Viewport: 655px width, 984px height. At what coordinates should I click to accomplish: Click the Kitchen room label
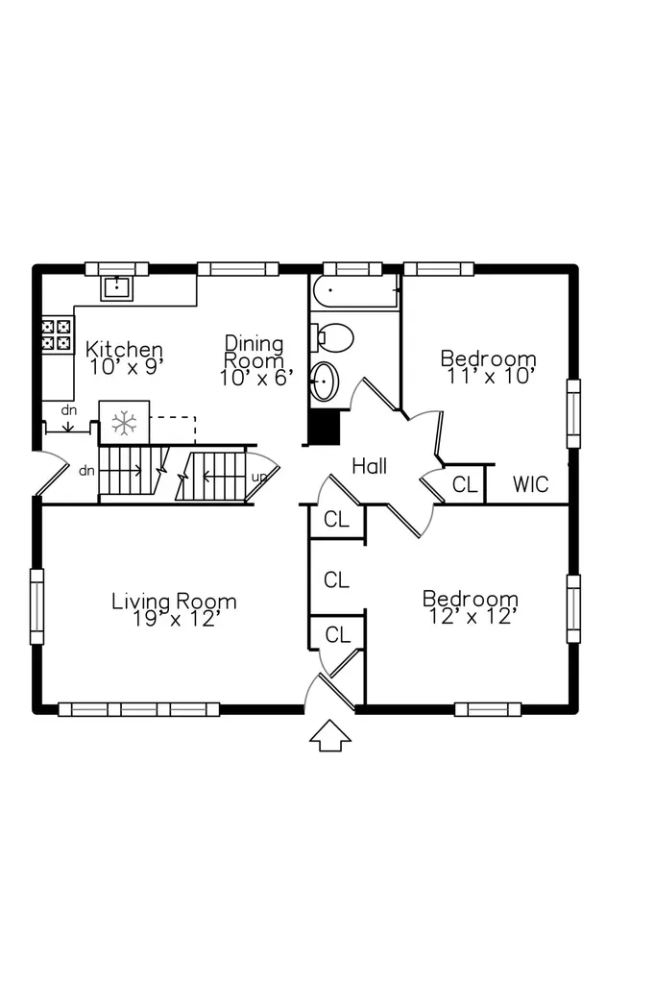tap(124, 348)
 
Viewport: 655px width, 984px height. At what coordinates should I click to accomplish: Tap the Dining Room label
tap(255, 352)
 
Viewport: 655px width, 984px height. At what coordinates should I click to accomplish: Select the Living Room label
tap(175, 602)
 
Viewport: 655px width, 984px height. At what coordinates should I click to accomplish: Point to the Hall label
tap(369, 466)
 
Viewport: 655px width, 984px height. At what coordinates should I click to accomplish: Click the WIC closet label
tap(530, 484)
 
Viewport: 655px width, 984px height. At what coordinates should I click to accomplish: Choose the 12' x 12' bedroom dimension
tap(473, 617)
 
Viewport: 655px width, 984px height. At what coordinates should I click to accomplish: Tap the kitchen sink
tap(117, 288)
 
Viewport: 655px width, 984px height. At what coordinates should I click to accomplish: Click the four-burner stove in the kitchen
tap(57, 335)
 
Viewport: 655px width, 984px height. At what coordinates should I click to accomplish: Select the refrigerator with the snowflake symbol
tap(124, 423)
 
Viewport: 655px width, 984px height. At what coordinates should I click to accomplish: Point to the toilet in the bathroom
tap(333, 338)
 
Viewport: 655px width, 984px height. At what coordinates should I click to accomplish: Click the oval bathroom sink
tap(325, 381)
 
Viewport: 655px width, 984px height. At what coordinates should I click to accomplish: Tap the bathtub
tap(354, 290)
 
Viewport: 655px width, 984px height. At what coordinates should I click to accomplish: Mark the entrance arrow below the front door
tap(330, 735)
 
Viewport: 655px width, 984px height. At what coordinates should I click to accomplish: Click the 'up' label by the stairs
tap(259, 478)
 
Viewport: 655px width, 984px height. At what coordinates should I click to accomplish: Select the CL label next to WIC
tap(465, 484)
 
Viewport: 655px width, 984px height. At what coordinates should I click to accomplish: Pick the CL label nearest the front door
tap(337, 635)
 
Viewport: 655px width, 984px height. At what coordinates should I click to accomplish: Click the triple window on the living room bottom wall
tap(138, 709)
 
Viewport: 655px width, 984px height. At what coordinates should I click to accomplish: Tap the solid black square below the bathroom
tap(325, 428)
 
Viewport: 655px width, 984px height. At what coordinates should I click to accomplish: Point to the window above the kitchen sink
tap(117, 269)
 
